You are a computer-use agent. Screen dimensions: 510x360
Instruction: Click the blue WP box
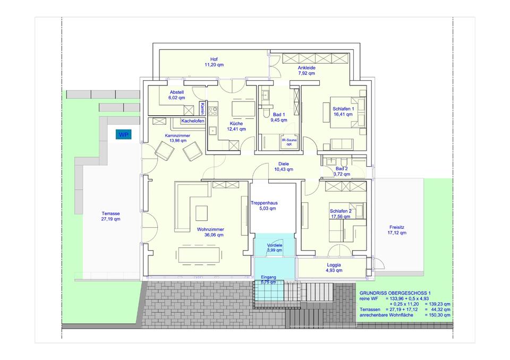(x=123, y=135)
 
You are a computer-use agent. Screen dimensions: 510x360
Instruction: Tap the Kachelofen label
(x=193, y=121)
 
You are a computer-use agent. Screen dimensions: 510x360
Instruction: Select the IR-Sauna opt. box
(x=289, y=142)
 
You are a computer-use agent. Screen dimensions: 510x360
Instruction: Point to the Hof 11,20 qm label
(x=214, y=62)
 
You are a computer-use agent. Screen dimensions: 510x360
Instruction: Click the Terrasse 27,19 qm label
(x=110, y=216)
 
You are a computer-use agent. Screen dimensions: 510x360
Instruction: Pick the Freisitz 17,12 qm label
(x=397, y=230)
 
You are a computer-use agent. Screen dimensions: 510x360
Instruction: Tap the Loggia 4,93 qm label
(x=334, y=268)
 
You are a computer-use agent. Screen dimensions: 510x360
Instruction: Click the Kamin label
(x=202, y=109)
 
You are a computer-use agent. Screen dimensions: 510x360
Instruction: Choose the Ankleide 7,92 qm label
(x=307, y=71)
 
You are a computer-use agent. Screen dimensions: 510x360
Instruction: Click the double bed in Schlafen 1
(x=347, y=112)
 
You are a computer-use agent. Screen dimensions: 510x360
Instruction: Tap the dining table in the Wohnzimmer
(x=198, y=255)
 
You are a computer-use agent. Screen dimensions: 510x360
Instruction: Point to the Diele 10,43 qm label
(x=284, y=167)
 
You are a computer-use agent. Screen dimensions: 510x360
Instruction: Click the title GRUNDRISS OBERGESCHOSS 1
(x=395, y=293)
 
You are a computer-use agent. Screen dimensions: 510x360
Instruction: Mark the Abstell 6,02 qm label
(x=176, y=95)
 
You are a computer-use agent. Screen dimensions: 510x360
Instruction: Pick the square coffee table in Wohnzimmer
(x=202, y=213)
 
